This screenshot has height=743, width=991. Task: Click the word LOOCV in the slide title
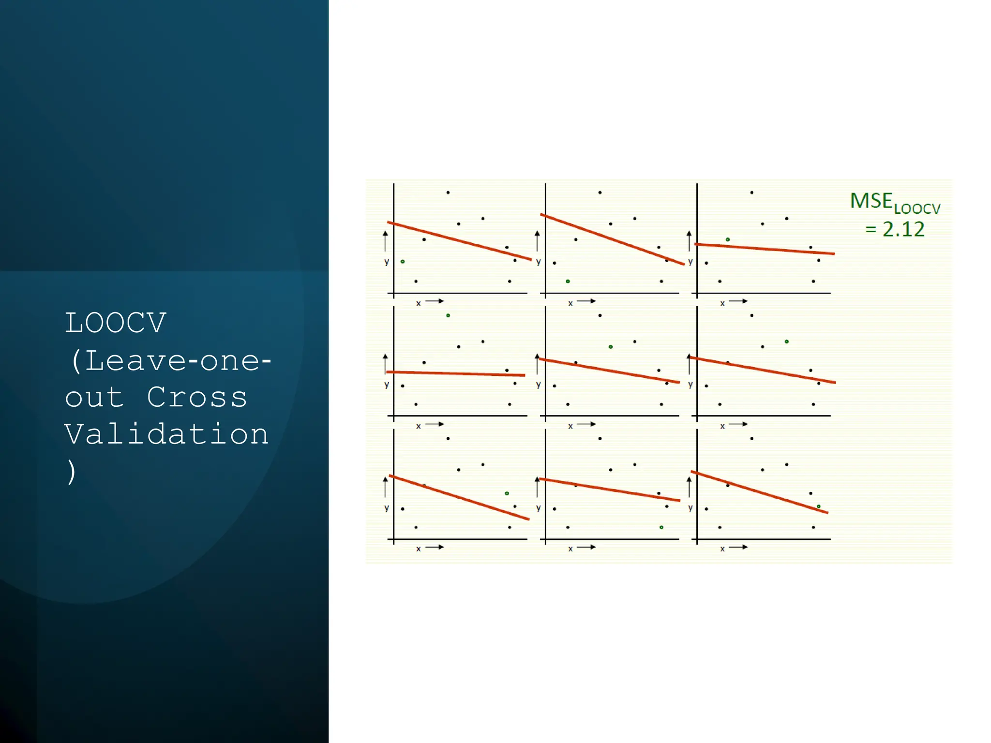pyautogui.click(x=116, y=323)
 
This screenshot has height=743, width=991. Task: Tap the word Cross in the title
pyautogui.click(x=197, y=398)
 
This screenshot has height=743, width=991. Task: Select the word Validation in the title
pyautogui.click(x=166, y=434)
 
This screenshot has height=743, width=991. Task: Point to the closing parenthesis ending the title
pyautogui.click(x=72, y=472)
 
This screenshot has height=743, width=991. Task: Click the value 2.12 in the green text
pyautogui.click(x=903, y=229)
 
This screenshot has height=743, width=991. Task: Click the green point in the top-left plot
pyautogui.click(x=403, y=262)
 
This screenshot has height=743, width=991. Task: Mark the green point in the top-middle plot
pyautogui.click(x=568, y=281)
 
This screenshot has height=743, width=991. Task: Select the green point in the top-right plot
pyautogui.click(x=728, y=239)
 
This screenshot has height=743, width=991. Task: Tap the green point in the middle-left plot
pyautogui.click(x=448, y=315)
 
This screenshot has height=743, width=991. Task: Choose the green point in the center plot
pyautogui.click(x=611, y=347)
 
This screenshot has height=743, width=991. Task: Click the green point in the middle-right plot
pyautogui.click(x=787, y=342)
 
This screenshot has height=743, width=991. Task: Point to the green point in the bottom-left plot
pyautogui.click(x=507, y=493)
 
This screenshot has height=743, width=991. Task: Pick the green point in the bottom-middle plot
pyautogui.click(x=661, y=527)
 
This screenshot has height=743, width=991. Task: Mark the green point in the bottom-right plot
pyautogui.click(x=818, y=506)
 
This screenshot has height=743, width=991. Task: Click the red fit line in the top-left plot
pyautogui.click(x=460, y=241)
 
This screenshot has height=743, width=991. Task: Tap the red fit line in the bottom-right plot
pyautogui.click(x=760, y=492)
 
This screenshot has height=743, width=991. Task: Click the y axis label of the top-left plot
pyautogui.click(x=387, y=262)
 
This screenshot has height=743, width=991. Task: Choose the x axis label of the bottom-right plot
pyautogui.click(x=722, y=549)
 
